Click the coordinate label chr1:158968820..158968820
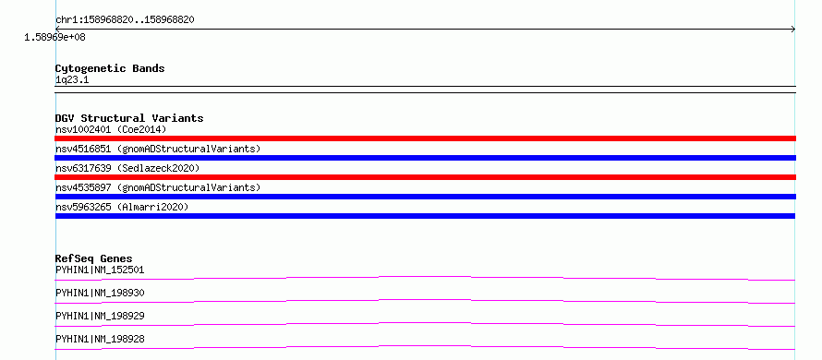(x=126, y=20)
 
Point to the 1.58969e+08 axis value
(x=55, y=38)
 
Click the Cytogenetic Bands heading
(x=110, y=68)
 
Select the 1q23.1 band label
(x=72, y=80)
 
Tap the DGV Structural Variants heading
(x=129, y=118)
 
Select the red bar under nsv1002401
(x=426, y=138)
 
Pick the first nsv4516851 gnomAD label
(x=158, y=149)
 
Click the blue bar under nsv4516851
(x=426, y=158)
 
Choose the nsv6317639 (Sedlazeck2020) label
(x=127, y=168)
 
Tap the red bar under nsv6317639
(x=426, y=177)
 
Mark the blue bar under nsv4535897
(x=426, y=197)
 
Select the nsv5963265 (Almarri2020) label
(x=122, y=207)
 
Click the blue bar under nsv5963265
(x=425, y=216)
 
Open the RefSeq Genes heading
(x=94, y=258)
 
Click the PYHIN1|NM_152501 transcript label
(x=100, y=270)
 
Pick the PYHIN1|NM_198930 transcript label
(x=100, y=294)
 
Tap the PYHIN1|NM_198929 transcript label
(x=100, y=317)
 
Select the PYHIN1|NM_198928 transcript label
(x=100, y=340)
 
